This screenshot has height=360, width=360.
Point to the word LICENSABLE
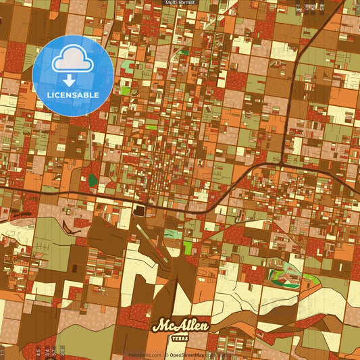(x=72, y=95)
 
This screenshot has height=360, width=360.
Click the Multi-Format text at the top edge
(x=180, y=3)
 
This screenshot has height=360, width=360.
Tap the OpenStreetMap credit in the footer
(x=186, y=355)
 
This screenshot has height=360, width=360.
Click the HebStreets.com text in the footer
(x=145, y=355)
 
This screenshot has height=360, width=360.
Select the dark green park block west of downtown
(x=93, y=180)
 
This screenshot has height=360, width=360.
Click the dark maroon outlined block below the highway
(x=140, y=209)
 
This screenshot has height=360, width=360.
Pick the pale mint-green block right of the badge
(x=128, y=67)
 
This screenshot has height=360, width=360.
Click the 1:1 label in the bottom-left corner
(x=3, y=351)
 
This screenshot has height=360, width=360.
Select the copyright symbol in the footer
(x=165, y=355)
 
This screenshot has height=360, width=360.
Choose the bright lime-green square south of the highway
(x=188, y=247)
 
